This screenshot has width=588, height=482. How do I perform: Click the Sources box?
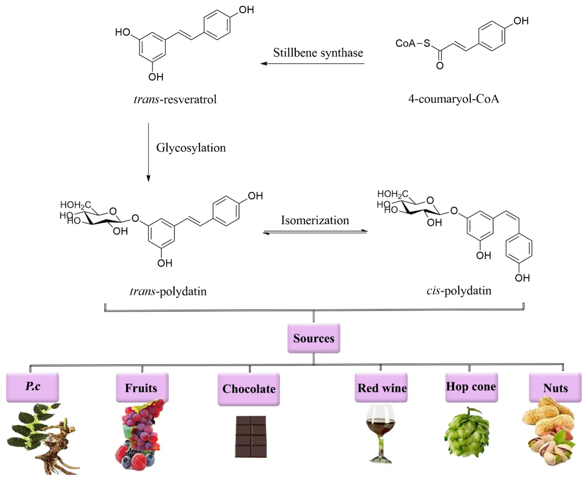coord(313,338)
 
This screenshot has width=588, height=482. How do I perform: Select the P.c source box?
coord(32,387)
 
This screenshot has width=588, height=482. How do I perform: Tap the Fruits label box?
coord(142,388)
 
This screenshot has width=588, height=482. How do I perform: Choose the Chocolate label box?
coord(249,389)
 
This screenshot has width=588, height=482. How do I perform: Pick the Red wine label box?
coord(381,388)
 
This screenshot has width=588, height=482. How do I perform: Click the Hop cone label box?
coord(471,387)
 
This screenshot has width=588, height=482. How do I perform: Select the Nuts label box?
coord(555,388)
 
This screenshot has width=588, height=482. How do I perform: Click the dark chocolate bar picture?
coord(251,436)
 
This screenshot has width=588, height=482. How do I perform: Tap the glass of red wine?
coord(380,432)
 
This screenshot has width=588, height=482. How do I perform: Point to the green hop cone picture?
coord(467,433)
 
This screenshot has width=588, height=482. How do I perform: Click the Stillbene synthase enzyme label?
coord(318,53)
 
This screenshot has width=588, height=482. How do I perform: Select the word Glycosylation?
coord(191,148)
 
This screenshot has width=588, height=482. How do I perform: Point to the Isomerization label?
coord(315,220)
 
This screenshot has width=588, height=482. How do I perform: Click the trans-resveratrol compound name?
coord(175,99)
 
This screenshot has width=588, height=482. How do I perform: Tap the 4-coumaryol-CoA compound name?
coord(453,99)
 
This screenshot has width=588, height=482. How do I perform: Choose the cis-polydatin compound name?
coord(459,291)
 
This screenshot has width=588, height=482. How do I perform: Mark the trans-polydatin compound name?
coord(168,292)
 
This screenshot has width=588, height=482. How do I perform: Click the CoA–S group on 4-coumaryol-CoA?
coord(412,43)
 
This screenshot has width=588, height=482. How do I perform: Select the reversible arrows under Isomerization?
coord(315,232)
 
